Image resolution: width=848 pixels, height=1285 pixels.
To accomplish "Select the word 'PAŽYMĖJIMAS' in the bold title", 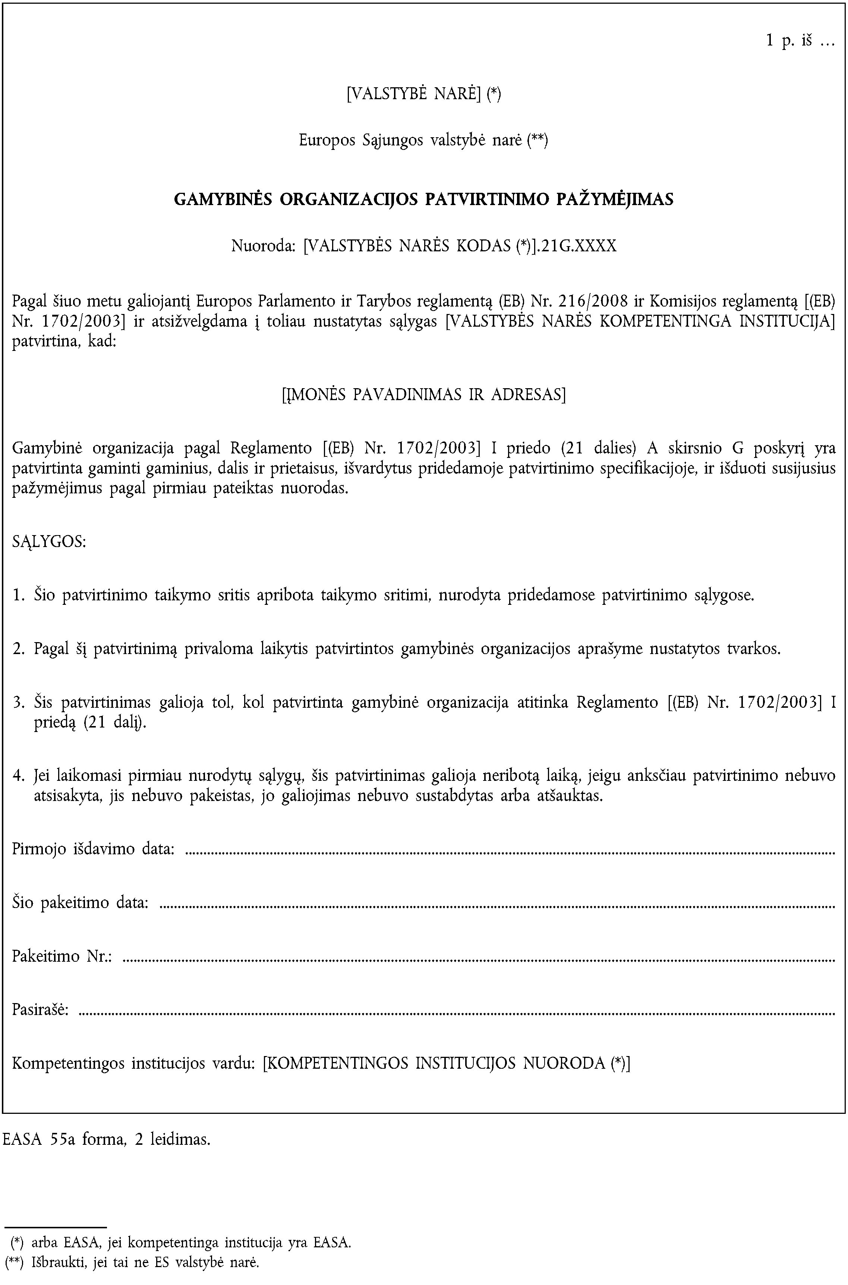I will click(x=615, y=199).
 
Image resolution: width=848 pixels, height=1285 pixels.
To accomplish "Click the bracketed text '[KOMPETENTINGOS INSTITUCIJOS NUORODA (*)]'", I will click(x=446, y=1064).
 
